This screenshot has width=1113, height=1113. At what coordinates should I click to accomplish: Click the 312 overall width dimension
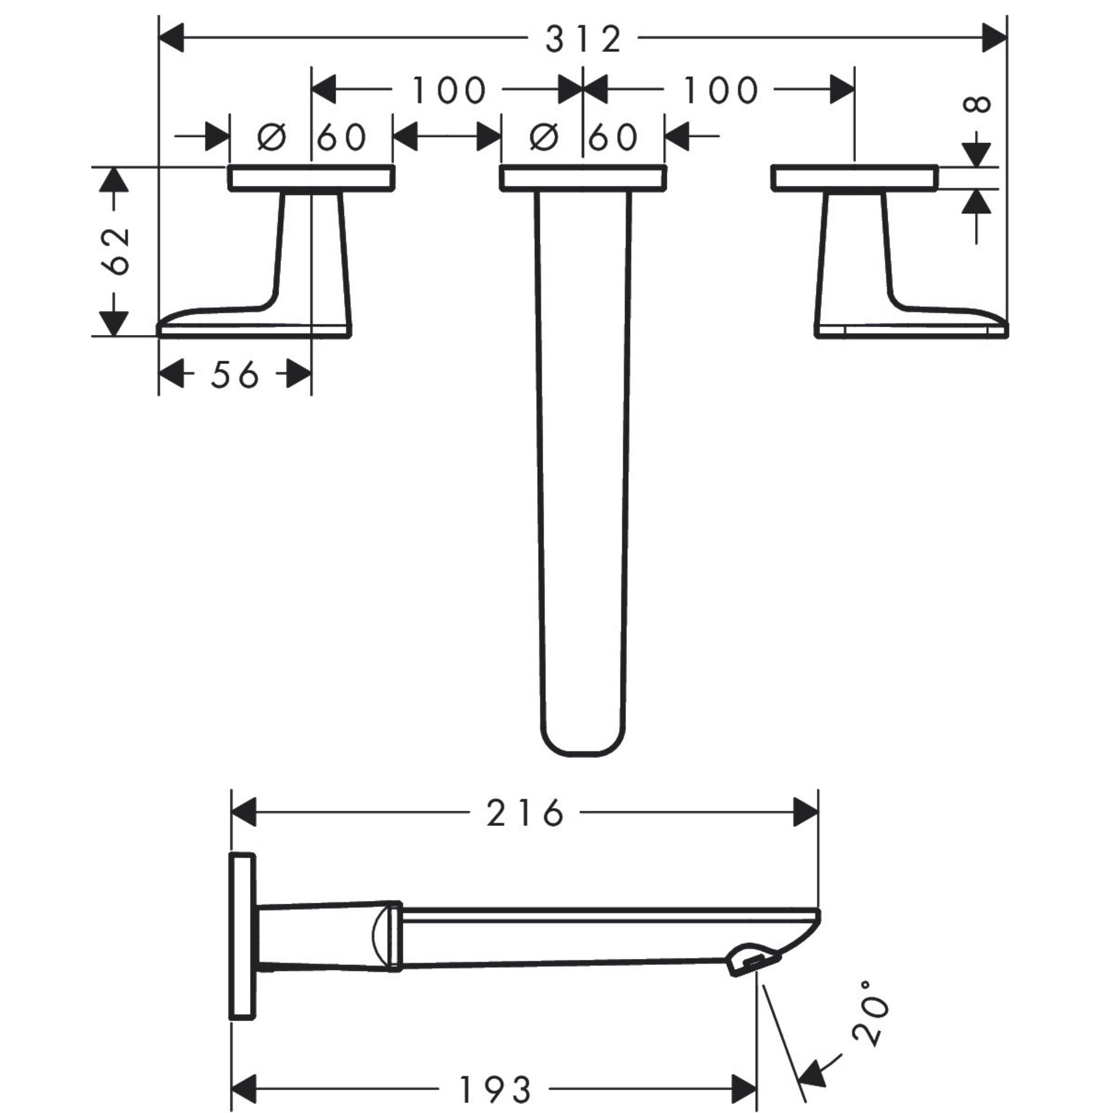(x=583, y=39)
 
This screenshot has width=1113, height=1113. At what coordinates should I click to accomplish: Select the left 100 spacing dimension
(x=448, y=91)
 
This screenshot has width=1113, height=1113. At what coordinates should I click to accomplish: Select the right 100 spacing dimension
(x=720, y=91)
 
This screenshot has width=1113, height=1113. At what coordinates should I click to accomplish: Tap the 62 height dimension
(x=115, y=252)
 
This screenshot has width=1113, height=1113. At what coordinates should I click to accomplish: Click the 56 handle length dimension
(x=234, y=375)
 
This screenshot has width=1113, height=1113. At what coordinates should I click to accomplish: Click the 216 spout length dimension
(x=525, y=813)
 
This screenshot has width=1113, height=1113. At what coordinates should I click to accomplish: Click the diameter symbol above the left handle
(x=272, y=137)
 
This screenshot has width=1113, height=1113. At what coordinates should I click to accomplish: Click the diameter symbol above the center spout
(x=543, y=137)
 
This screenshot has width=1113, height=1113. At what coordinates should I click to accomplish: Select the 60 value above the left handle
(x=342, y=137)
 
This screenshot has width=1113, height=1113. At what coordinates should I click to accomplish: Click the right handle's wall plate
(x=854, y=178)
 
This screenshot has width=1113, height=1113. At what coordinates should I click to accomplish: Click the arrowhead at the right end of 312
(x=994, y=38)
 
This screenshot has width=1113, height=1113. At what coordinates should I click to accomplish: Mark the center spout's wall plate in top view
(x=583, y=178)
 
